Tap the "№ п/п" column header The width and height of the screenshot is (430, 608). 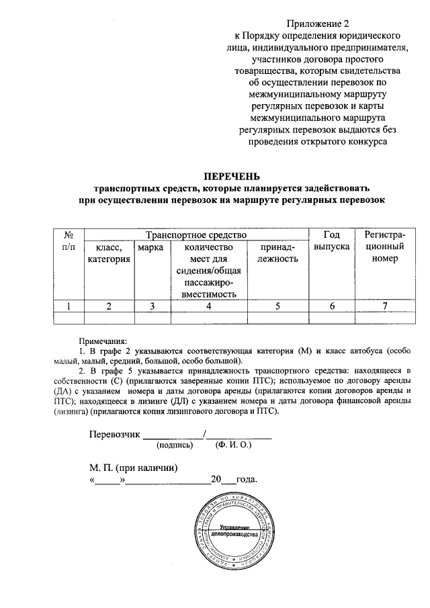click(68, 241)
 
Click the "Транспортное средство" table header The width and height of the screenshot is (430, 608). click(191, 235)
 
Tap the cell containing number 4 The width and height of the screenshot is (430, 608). click(209, 306)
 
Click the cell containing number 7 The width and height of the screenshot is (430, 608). click(384, 306)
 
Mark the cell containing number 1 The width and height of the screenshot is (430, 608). click(68, 306)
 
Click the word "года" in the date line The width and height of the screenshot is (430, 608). click(246, 480)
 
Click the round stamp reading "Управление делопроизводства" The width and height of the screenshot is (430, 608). click(235, 533)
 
